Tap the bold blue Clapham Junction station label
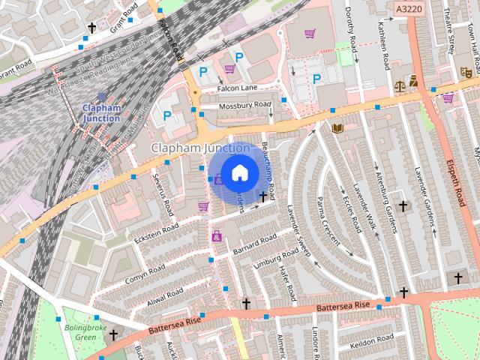tap(101, 112)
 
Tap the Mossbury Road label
tap(244, 106)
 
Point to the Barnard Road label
tap(256, 244)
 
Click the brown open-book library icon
tap(337, 128)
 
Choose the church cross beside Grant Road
tap(92, 28)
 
